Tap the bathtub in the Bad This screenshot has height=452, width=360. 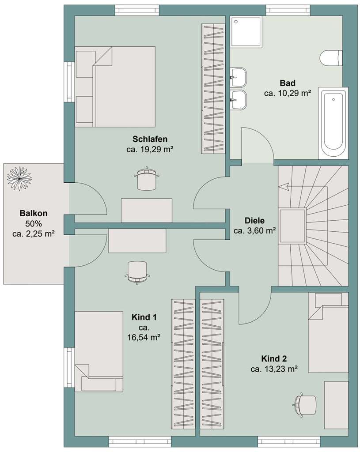coord(333,123)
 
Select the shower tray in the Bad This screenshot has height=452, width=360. coord(246,32)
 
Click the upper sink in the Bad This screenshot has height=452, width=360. coord(239,77)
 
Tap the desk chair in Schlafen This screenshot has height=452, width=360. coord(147,179)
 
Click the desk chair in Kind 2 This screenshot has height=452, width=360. coord(305,404)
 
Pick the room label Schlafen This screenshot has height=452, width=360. coord(150,139)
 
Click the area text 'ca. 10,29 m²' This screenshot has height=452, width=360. coord(287,93)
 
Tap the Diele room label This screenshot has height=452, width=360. coord(254,221)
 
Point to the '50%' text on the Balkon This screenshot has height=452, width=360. coord(34,223)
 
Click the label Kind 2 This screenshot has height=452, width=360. coord(274,358)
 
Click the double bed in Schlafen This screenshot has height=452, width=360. coord(115,87)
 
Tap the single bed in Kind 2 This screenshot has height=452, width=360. coord(328,333)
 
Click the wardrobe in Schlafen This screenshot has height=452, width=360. coord(213,88)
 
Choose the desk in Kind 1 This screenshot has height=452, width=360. coord(137,241)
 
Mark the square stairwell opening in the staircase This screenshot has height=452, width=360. coord(292,226)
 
